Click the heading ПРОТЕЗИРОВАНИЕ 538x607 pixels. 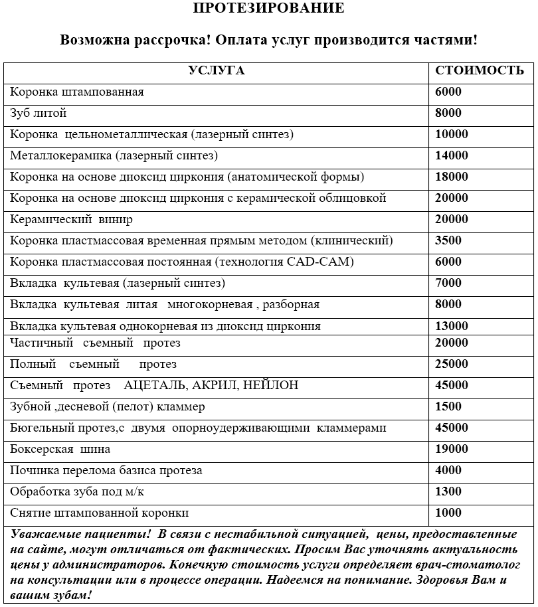[268, 9]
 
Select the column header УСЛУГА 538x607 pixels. [217, 71]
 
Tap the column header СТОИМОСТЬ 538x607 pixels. [479, 71]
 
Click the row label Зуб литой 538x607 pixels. [39, 114]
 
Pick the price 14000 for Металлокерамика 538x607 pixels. [452, 156]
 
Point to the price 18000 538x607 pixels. [452, 177]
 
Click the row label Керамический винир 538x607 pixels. [72, 220]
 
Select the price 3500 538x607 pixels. [448, 241]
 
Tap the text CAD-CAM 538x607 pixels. [320, 262]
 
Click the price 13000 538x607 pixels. [452, 326]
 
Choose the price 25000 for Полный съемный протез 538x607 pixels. [452, 365]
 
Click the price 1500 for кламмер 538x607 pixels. [448, 407]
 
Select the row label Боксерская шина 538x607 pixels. [60, 450]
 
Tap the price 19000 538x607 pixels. [452, 450]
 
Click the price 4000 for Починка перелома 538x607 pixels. [448, 471]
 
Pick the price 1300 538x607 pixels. [448, 492]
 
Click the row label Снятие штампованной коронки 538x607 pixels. [100, 513]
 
